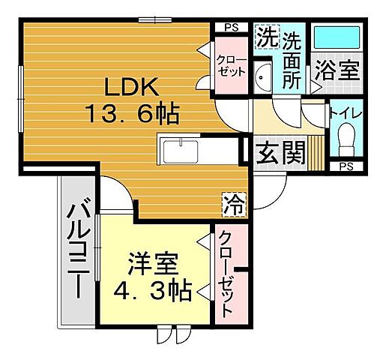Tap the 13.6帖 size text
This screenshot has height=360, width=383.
coord(132,115)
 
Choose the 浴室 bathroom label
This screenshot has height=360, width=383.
coord(337,70)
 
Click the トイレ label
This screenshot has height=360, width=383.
coord(346,114)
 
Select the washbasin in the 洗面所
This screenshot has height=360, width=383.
coord(263,76)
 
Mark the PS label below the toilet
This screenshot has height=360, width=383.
coord(346,166)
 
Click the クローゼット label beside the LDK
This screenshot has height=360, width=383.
coord(230,65)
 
